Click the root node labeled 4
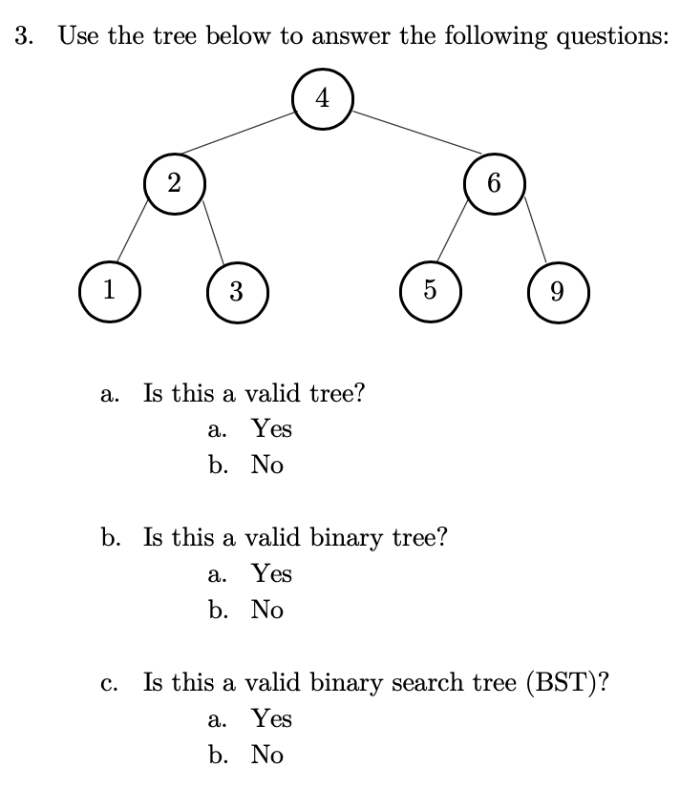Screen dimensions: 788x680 (x=324, y=97)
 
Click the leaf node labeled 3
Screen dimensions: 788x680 (x=236, y=291)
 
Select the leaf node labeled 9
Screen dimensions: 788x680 (x=558, y=291)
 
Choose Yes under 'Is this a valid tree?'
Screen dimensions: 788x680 (x=271, y=429)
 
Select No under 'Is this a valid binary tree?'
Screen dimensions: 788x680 (x=266, y=611)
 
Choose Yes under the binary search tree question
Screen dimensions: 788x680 (x=271, y=718)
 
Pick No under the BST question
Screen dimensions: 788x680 (x=266, y=756)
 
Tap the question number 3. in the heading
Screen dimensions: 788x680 (x=26, y=37)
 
